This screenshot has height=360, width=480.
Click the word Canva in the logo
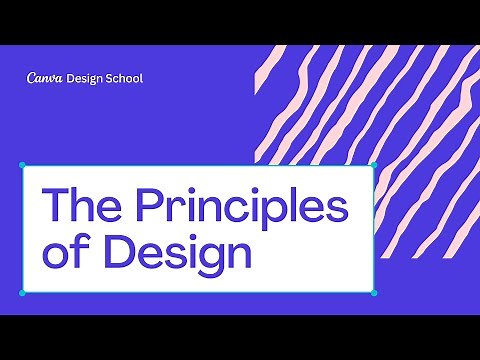pyautogui.click(x=45, y=78)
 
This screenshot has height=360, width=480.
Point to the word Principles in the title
pyautogui.click(x=240, y=207)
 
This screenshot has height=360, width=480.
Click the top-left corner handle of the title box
pyautogui.click(x=22, y=165)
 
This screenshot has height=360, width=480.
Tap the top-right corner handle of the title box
pyautogui.click(x=373, y=165)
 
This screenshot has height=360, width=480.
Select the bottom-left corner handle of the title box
pyautogui.click(x=22, y=293)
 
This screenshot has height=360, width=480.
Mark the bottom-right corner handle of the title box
pyautogui.click(x=373, y=293)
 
